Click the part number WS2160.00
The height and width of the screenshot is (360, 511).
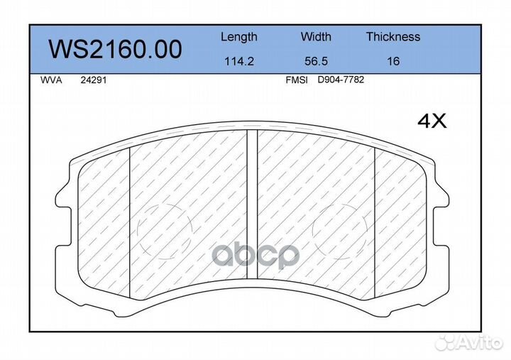point(115,49)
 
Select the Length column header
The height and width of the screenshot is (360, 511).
point(239,37)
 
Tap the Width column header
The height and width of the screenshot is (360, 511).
point(316,36)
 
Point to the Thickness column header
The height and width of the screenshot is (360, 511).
point(393,36)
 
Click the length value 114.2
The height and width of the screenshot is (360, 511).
point(239,61)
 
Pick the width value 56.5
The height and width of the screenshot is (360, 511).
point(316,61)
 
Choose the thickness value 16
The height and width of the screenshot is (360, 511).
point(393,61)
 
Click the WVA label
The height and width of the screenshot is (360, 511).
point(51,80)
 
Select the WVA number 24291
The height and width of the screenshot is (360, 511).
point(94,80)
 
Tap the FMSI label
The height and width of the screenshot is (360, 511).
point(297,80)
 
